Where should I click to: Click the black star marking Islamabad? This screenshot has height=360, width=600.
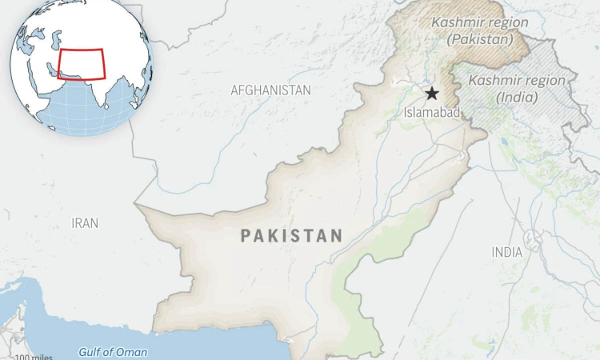(432, 94)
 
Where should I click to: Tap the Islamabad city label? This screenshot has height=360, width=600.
(431, 114)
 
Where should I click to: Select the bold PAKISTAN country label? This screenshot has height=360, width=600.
(291, 236)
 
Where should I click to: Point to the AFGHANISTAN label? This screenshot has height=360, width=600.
(270, 90)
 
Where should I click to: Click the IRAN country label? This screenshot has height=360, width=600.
(85, 223)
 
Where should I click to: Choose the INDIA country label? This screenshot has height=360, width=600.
(507, 253)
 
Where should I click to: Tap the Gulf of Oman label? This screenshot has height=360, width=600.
(112, 352)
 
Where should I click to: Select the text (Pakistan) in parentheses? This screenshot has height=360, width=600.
(481, 38)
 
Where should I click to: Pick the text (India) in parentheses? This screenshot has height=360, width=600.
(517, 97)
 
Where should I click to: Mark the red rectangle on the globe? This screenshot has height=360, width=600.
(81, 64)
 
